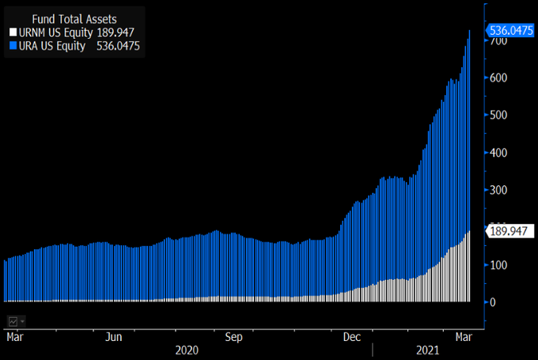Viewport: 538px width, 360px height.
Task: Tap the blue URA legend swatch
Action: (11, 46)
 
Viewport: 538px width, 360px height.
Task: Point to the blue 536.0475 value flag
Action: (509, 31)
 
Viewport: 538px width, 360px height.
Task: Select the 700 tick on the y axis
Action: (498, 40)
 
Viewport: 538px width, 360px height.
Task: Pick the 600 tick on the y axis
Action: (498, 78)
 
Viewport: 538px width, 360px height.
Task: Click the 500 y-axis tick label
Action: (498, 116)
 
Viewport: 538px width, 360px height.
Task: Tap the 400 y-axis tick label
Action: (498, 153)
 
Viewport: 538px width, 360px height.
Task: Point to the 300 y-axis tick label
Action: (498, 190)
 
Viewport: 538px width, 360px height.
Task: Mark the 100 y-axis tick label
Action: (498, 265)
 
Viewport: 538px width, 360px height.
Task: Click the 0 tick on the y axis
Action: (494, 302)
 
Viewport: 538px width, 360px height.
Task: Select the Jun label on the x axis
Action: (114, 336)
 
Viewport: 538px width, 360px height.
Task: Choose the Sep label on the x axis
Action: (233, 336)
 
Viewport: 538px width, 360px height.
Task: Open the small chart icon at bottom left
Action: (14, 320)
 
